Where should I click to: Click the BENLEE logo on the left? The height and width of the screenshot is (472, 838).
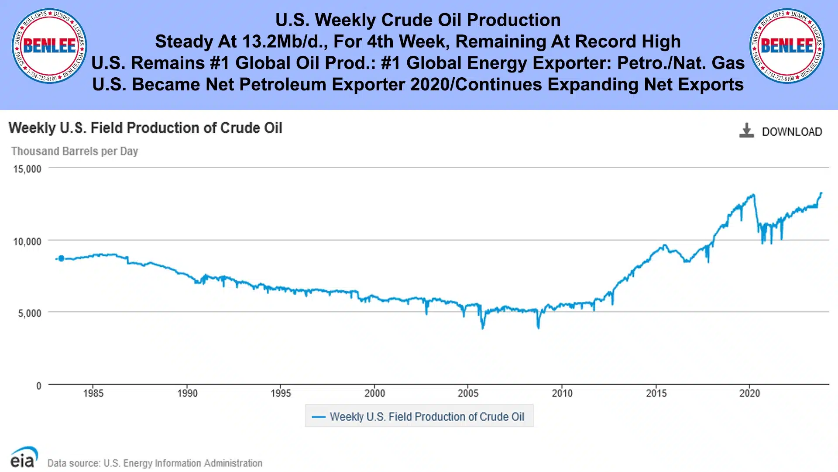coord(49,46)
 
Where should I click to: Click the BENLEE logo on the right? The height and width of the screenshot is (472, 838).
coord(786,46)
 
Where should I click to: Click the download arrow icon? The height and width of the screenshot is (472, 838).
coord(746,131)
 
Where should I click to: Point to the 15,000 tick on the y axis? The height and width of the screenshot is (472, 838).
coord(27,169)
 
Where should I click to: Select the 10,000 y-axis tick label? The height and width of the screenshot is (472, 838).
coord(27,241)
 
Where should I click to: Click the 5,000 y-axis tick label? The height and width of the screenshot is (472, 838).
coord(30,313)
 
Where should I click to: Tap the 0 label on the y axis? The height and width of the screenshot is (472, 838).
coord(39,386)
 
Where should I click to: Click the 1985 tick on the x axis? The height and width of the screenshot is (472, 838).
coord(93,393)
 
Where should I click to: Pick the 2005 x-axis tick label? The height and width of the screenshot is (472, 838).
coord(468,393)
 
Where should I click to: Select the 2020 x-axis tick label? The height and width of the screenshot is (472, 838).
coord(749,393)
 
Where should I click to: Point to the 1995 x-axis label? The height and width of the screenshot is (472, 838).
coord(281,393)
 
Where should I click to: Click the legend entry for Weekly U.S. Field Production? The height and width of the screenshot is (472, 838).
coord(419,417)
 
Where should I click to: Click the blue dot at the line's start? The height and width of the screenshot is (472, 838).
coord(61,258)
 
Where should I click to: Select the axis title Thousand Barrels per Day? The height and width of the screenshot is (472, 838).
coord(75,151)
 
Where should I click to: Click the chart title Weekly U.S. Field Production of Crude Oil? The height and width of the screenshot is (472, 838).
coord(145,128)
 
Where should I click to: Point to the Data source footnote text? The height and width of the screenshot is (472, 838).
coord(155,463)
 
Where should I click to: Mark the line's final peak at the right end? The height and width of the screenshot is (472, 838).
coord(821,193)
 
